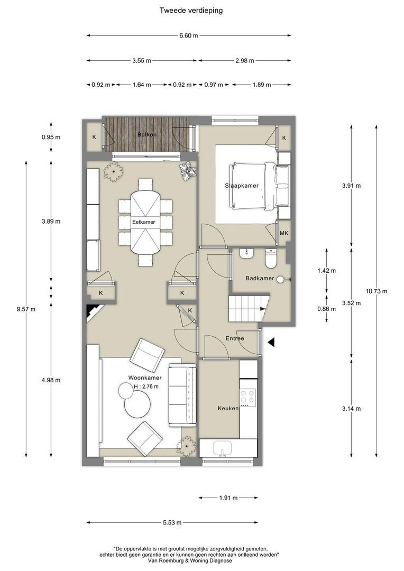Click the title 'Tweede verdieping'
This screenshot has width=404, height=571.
191,11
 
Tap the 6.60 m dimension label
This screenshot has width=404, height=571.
189,36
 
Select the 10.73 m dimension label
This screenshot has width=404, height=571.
377,291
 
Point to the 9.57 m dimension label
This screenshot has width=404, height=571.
26,309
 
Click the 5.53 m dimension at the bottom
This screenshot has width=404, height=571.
172,522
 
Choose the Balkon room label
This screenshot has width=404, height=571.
147,135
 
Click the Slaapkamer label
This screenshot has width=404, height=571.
242,186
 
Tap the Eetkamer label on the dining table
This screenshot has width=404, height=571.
143,222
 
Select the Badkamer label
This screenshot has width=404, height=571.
260,278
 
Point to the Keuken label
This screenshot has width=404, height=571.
228,408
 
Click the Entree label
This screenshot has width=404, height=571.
235,338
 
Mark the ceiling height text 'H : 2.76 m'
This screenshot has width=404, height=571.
146,386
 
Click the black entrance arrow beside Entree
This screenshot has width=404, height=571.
271,342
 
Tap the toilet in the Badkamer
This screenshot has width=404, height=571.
271,258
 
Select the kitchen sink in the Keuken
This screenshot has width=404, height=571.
222,448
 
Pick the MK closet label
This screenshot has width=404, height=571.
284,233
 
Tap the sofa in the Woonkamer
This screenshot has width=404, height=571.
182,395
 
